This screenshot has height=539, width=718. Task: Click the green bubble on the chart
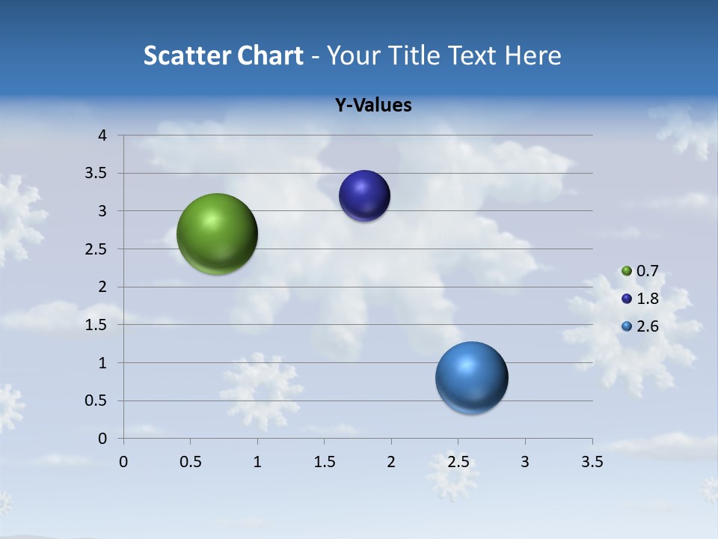point(217,234)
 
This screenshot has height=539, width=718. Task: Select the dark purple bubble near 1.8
point(364,196)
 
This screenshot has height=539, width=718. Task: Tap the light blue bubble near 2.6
point(471,377)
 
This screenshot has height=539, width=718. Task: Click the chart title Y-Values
point(373,106)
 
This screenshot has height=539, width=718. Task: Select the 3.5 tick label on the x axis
point(592,463)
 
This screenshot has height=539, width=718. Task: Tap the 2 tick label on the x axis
point(391,463)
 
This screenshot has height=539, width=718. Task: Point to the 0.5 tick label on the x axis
point(191,463)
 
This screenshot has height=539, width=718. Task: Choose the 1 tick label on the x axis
point(257,463)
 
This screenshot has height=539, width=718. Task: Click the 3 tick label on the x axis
point(525,463)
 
